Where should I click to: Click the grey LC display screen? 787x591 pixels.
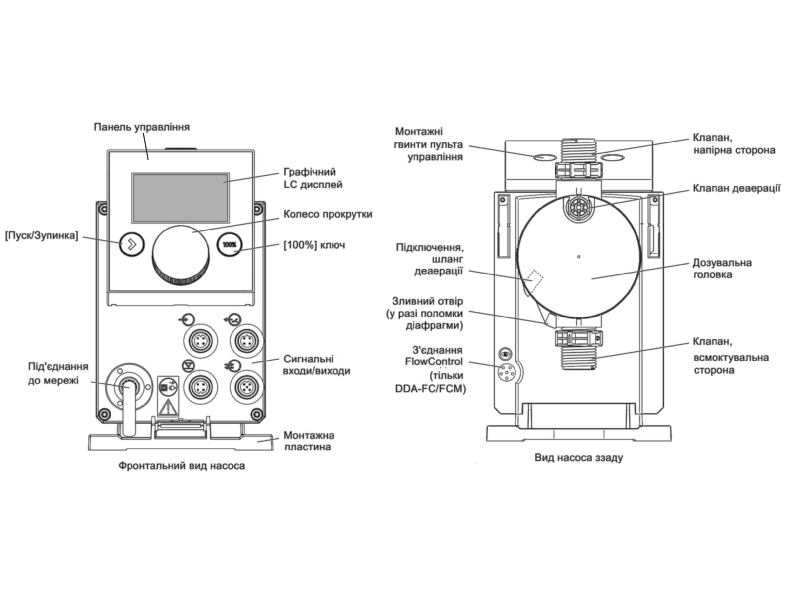click(x=181, y=198)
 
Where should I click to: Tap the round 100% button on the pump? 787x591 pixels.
click(x=230, y=245)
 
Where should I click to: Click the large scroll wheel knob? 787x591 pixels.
click(x=181, y=255)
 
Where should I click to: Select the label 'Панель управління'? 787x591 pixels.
click(x=142, y=127)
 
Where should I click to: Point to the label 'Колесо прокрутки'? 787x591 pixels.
click(x=328, y=214)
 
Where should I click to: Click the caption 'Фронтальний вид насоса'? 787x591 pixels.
click(x=181, y=466)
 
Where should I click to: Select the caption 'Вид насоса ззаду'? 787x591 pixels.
click(x=579, y=458)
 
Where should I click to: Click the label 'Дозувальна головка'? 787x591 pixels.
click(x=717, y=269)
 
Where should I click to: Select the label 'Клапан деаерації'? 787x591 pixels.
click(x=737, y=188)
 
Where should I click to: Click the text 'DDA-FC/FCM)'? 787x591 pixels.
click(x=431, y=389)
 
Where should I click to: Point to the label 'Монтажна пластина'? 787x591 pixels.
click(x=309, y=441)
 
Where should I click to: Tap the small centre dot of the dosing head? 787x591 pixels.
click(x=579, y=256)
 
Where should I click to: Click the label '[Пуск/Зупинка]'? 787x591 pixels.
click(x=41, y=235)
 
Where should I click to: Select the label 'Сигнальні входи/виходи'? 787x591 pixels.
click(x=316, y=365)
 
